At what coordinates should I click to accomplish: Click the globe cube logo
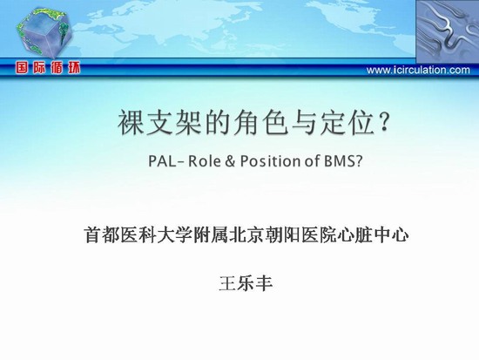44,33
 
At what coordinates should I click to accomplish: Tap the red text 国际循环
48,68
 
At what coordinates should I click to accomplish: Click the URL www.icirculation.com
418,70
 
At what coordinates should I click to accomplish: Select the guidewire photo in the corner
448,31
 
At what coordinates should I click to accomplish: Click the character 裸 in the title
131,123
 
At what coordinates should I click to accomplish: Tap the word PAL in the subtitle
162,161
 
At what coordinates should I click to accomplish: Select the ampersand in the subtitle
230,161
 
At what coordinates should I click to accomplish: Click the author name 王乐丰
246,283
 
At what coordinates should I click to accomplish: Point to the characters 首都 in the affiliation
102,234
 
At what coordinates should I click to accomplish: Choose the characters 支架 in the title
173,123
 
